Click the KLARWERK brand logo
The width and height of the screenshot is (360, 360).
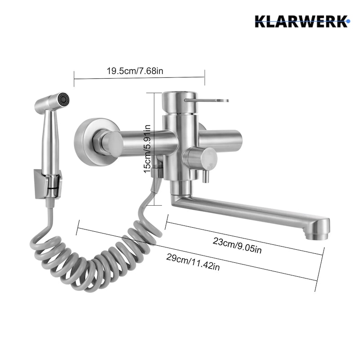coord(302,21)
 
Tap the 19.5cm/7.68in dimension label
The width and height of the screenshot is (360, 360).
coord(135,71)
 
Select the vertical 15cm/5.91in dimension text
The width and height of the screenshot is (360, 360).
coord(147,149)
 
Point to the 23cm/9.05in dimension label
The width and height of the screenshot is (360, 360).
coord(237,245)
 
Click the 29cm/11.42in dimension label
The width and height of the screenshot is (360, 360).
coord(193,262)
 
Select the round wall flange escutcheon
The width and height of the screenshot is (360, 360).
coord(96,142)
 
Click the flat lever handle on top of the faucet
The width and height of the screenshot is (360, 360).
coord(207,100)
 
